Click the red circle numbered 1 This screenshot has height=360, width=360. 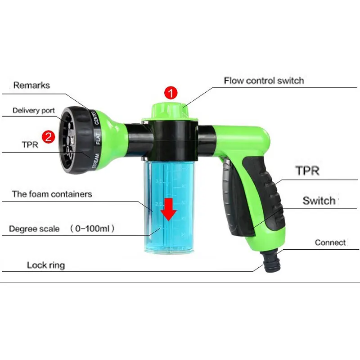[171, 94]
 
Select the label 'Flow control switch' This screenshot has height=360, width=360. [264, 81]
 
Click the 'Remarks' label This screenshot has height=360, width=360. [31, 85]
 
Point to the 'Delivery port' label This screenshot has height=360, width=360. [33, 111]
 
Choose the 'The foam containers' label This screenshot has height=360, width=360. [52, 194]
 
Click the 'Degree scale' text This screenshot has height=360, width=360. [34, 229]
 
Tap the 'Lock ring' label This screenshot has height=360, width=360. [45, 265]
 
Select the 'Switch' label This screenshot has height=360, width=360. [319, 201]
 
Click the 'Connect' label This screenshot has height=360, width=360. [330, 243]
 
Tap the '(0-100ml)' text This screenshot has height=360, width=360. [93, 229]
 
